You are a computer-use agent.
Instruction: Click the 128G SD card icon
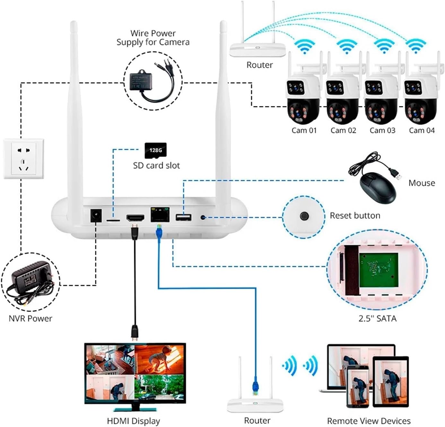[x=156, y=150]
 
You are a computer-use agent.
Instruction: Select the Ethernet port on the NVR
[x=160, y=214]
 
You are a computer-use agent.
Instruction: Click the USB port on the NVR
[x=183, y=218]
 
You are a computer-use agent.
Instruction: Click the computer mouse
[x=377, y=187]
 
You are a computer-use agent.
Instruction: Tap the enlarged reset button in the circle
[x=303, y=216]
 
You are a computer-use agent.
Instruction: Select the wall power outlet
[x=23, y=159]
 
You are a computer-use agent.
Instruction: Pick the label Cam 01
[x=304, y=130]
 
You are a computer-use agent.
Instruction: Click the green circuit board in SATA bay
[x=378, y=270]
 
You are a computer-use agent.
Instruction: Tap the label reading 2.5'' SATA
[x=377, y=319]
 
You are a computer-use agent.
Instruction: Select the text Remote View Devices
[x=369, y=421]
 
